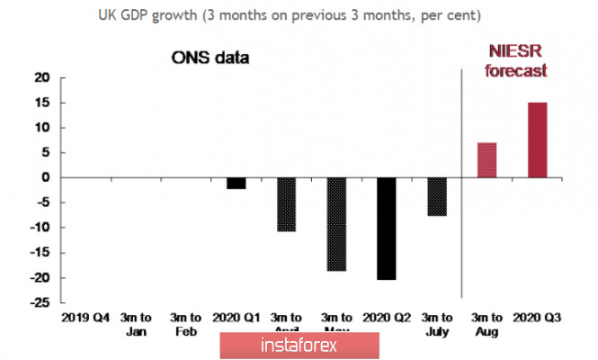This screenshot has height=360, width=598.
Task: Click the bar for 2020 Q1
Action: coord(236,183)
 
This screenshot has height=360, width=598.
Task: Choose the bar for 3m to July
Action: coord(437,196)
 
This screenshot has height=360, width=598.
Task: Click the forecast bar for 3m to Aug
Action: coord(486,160)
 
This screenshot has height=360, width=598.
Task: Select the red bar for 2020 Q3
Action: coord(537,139)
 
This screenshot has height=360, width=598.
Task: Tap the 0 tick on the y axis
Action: coord(44,177)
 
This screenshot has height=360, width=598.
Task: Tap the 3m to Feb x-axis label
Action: coord(185,324)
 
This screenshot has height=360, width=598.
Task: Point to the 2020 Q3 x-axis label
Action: coord(537,318)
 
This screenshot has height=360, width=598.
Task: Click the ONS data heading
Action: coord(210,58)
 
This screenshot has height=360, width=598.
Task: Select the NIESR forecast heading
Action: coord(517,60)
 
